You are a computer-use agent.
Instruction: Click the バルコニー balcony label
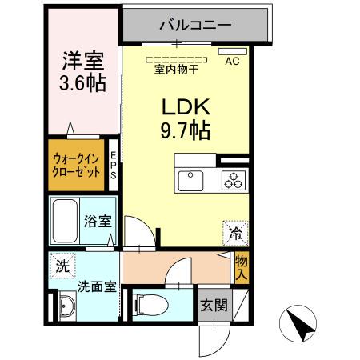(x=195, y=25)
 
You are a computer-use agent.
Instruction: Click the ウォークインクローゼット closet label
(x=77, y=166)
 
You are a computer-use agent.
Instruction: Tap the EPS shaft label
(x=114, y=166)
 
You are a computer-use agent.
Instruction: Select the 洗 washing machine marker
(x=62, y=265)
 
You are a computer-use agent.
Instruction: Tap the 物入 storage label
(x=241, y=266)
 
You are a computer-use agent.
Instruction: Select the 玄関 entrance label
(x=212, y=306)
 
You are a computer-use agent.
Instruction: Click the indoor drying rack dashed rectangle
(x=175, y=58)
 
